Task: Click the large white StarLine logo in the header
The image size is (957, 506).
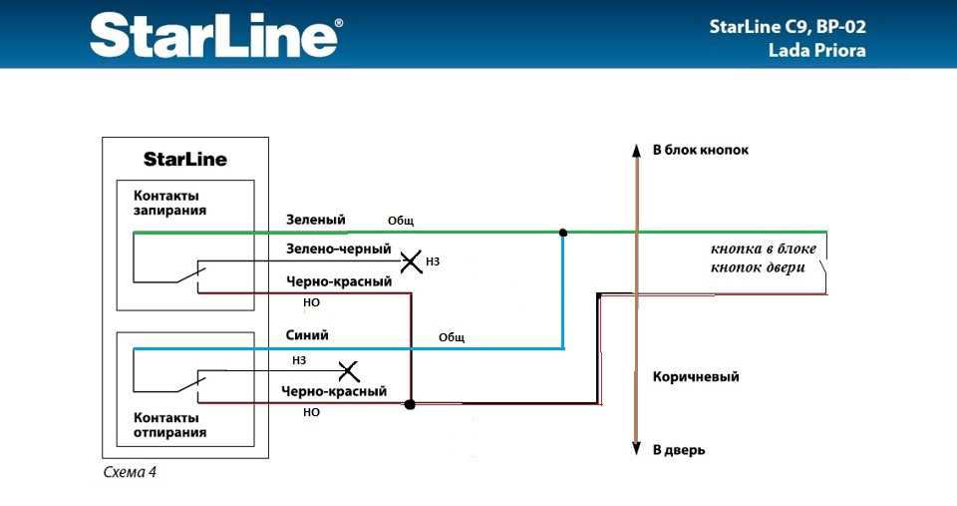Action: [x=216, y=36]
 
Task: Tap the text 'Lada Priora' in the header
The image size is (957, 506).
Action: [x=816, y=50]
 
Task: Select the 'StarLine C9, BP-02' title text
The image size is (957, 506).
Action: [x=788, y=27]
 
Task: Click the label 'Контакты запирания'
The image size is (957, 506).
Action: [x=169, y=203]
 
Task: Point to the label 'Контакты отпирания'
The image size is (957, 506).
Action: [x=169, y=425]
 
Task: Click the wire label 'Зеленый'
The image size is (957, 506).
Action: [x=316, y=220]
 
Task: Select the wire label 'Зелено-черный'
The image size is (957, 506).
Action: [x=339, y=249]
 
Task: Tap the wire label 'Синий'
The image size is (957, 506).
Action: [x=307, y=335]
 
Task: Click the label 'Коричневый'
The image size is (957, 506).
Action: [x=696, y=376]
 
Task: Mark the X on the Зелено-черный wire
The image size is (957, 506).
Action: [x=412, y=261]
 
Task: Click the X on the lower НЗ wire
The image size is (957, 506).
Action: [x=349, y=371]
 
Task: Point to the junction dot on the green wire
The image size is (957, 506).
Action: [x=563, y=233]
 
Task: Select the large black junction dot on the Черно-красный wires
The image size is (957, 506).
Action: [x=410, y=404]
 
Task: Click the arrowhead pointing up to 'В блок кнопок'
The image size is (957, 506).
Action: [x=637, y=151]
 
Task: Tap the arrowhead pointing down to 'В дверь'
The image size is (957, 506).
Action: [x=637, y=448]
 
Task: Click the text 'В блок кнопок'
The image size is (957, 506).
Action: [x=701, y=150]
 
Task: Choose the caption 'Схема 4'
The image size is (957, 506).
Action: [x=130, y=472]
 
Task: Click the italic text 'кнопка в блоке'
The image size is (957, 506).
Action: [x=763, y=249]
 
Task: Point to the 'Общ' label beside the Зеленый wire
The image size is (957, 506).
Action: [x=401, y=221]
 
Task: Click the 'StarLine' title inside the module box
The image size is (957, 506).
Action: [x=185, y=160]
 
